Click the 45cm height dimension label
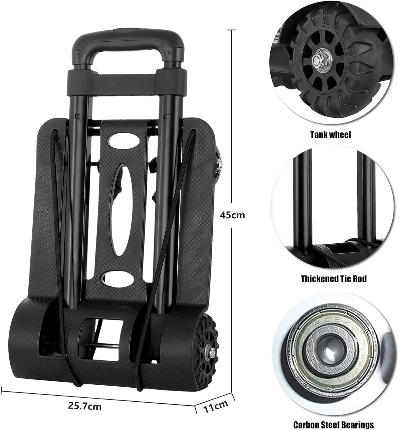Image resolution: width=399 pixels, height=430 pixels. [232, 215]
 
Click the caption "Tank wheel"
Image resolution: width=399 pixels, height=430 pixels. [330, 135]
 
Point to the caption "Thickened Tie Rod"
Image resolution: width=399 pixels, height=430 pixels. [334, 279]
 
